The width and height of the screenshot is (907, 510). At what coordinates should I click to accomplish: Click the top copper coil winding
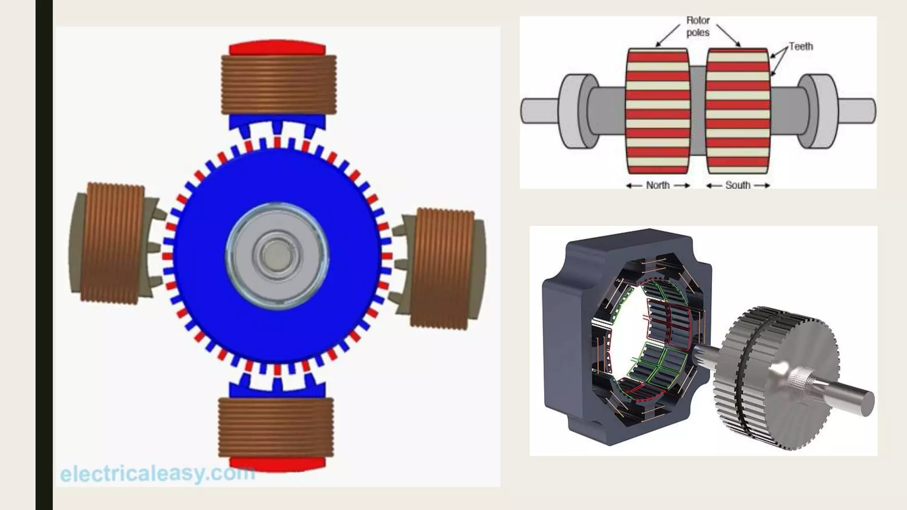click(x=278, y=84)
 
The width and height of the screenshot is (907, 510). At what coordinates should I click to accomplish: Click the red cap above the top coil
click(x=277, y=49)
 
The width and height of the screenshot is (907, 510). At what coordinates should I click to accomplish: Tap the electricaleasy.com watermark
click(x=157, y=474)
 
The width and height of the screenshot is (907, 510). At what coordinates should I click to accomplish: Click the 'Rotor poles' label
click(x=698, y=27)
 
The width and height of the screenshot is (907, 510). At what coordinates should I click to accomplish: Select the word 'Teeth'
click(x=801, y=46)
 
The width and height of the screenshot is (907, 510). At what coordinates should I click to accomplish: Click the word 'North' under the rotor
click(x=658, y=185)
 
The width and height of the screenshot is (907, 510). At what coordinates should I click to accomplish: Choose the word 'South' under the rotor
click(x=738, y=185)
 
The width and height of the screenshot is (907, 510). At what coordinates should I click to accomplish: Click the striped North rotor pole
click(x=658, y=111)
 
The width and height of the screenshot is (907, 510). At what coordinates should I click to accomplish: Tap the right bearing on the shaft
click(x=819, y=111)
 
